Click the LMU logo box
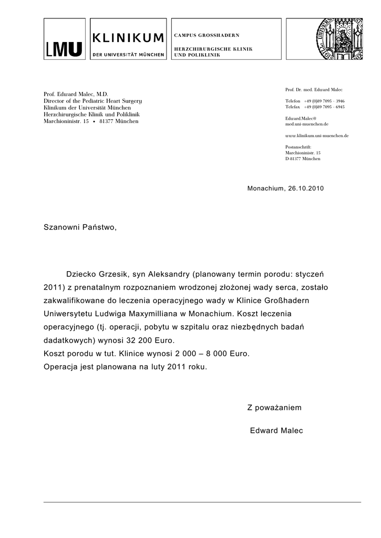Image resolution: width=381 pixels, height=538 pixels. click(x=64, y=39)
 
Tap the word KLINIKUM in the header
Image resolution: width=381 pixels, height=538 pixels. click(x=128, y=37)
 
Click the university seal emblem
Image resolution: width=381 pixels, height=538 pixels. click(x=338, y=38)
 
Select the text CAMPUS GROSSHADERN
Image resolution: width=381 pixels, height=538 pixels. click(x=207, y=35)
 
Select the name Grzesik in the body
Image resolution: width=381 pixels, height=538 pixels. click(x=112, y=274)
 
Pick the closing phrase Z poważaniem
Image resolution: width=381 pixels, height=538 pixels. click(x=274, y=408)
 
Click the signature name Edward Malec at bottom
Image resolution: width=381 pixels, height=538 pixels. click(x=276, y=431)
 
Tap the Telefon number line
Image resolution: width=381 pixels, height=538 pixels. click(x=315, y=100)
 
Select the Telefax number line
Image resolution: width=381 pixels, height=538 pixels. click(x=315, y=107)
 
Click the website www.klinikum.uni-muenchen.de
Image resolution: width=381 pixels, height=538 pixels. click(x=317, y=136)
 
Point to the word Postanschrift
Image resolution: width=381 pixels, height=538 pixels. click(x=298, y=147)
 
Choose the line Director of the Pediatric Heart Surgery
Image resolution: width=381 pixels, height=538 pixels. click(x=92, y=100)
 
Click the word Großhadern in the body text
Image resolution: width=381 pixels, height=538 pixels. click(x=288, y=301)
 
